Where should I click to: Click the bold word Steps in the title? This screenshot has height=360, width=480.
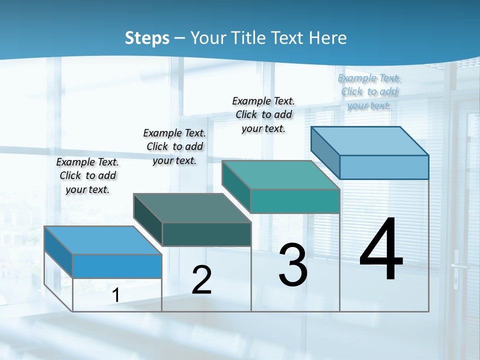(147, 38)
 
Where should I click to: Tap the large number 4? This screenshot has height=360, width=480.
(381, 250)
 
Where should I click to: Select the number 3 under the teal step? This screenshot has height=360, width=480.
(293, 265)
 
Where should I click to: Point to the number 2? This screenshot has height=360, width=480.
(201, 280)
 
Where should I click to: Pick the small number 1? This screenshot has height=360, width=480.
(116, 295)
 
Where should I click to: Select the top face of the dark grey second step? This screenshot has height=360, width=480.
(192, 208)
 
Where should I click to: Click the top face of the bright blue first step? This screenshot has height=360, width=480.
(103, 240)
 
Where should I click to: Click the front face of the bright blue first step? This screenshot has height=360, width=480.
(117, 266)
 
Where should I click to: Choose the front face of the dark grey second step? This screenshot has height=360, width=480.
(206, 234)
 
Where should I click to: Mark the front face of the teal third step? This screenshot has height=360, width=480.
(295, 201)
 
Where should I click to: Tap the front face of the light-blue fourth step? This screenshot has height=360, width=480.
(384, 167)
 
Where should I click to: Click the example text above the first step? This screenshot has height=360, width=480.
(87, 175)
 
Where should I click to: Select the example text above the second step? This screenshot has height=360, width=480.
(174, 146)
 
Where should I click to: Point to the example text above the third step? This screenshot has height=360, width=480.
(263, 114)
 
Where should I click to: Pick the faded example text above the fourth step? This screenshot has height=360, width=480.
(369, 91)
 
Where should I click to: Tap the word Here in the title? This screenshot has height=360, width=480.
(328, 38)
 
